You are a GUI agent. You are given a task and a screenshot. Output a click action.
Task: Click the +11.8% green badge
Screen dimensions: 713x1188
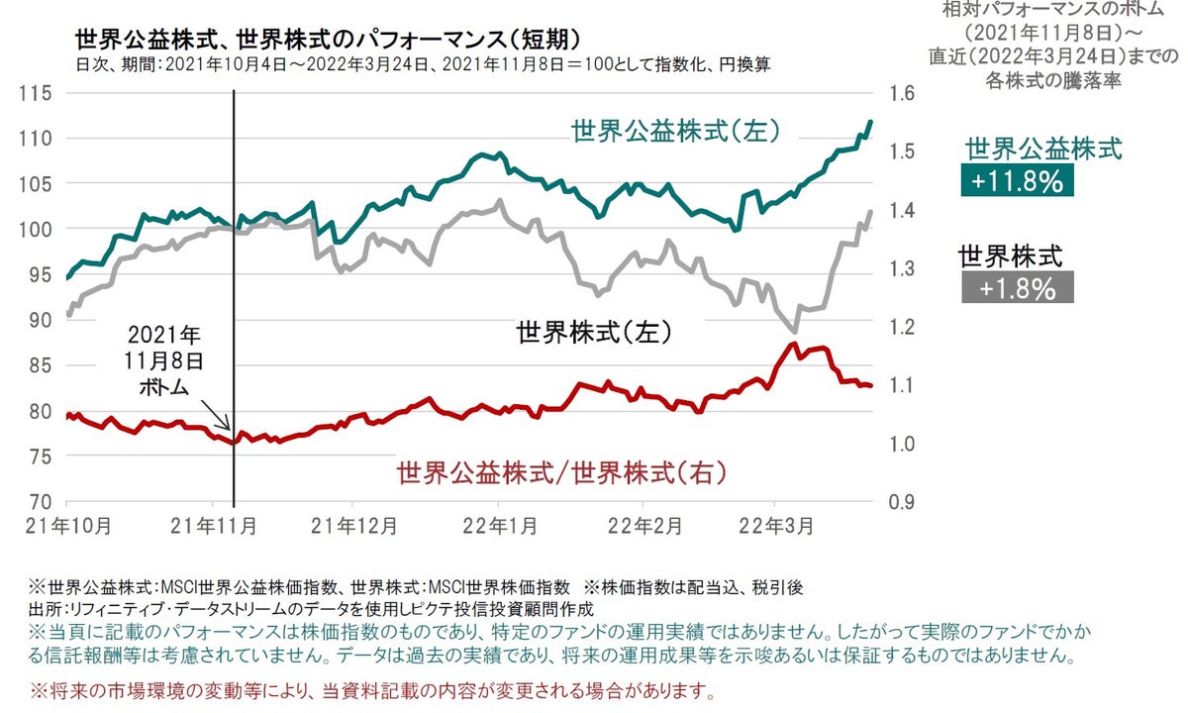pyautogui.click(x=1017, y=181)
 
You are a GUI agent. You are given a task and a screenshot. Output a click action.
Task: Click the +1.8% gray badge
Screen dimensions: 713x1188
pyautogui.click(x=1017, y=288)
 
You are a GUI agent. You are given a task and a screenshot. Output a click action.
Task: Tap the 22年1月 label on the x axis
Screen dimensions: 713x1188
pyautogui.click(x=499, y=524)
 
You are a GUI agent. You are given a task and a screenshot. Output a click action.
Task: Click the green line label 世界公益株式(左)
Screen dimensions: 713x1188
pyautogui.click(x=676, y=131)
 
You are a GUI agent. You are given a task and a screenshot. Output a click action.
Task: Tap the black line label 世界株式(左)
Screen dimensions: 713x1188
pyautogui.click(x=595, y=333)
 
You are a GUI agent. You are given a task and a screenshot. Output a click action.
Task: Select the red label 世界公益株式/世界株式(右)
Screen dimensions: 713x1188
pyautogui.click(x=561, y=472)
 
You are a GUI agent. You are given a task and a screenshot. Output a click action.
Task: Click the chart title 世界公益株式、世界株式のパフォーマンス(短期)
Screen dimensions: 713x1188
pyautogui.click(x=327, y=39)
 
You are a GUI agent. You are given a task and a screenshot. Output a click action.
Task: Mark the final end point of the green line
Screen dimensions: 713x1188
pyautogui.click(x=871, y=121)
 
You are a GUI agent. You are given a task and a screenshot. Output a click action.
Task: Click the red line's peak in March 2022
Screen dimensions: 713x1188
pyautogui.click(x=792, y=344)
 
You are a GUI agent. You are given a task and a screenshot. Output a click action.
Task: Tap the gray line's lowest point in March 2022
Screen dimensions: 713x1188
pyautogui.click(x=794, y=332)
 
